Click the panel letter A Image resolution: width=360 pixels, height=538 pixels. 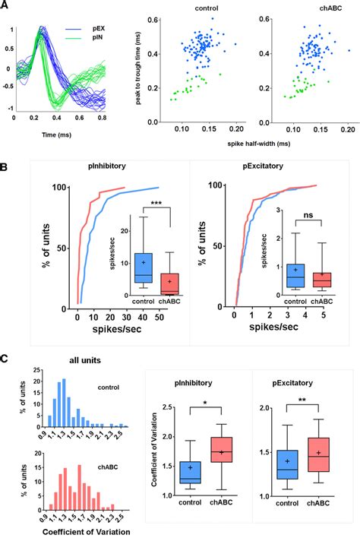pos(5,7)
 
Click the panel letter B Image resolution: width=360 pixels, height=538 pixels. pos(5,162)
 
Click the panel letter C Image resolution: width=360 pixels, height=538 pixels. pos(5,358)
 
